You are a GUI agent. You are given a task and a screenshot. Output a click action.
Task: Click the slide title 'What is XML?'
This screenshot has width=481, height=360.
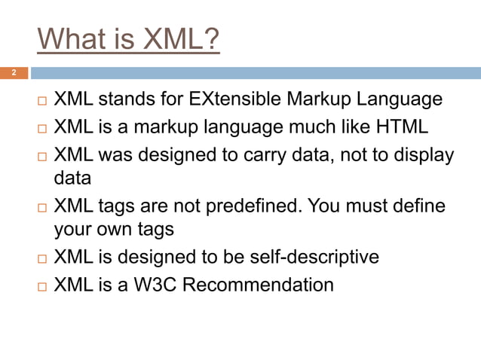click(x=128, y=40)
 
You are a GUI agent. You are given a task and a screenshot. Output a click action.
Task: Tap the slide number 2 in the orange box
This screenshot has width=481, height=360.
click(x=13, y=73)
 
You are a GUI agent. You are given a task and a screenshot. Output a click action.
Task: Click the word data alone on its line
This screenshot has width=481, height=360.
click(x=72, y=179)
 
